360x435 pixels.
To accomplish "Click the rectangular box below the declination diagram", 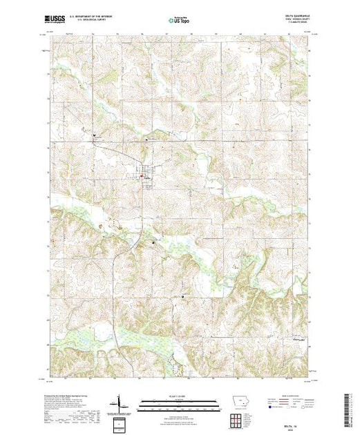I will click(119, 422).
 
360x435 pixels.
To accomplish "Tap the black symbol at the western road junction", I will click(94, 136).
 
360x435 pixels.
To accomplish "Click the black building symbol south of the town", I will click(153, 242).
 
